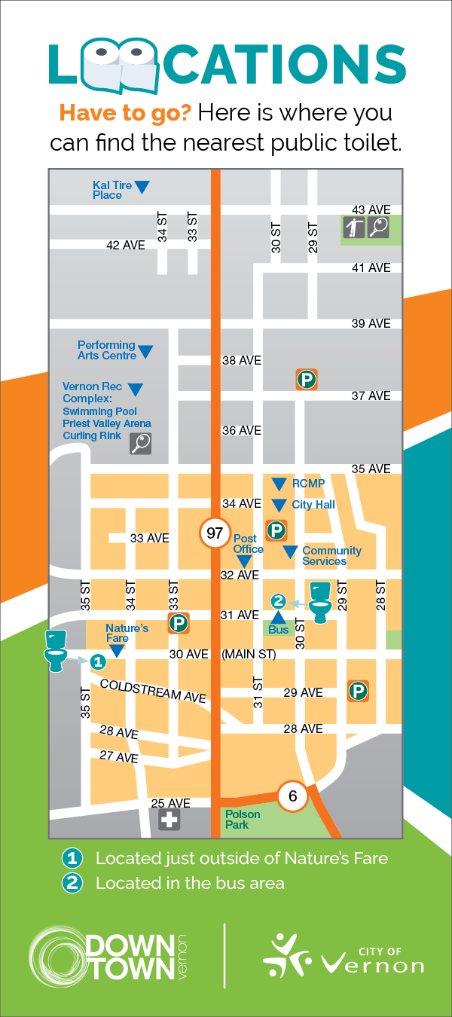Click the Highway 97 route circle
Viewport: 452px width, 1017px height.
coord(215,533)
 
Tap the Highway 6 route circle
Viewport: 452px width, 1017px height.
coord(293,796)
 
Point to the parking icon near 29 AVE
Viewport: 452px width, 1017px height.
coord(358,691)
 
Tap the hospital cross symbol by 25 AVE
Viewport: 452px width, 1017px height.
coord(169,820)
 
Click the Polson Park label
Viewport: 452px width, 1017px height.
coord(243,820)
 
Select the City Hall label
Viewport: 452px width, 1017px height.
coord(313,505)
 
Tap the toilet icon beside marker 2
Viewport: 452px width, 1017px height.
coord(321,601)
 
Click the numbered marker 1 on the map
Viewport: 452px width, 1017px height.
coord(97,661)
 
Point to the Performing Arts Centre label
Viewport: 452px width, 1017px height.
coord(106,350)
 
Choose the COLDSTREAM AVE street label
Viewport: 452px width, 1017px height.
coord(152,690)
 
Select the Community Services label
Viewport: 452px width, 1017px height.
coord(331,556)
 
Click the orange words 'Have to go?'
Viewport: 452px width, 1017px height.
coord(125,114)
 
